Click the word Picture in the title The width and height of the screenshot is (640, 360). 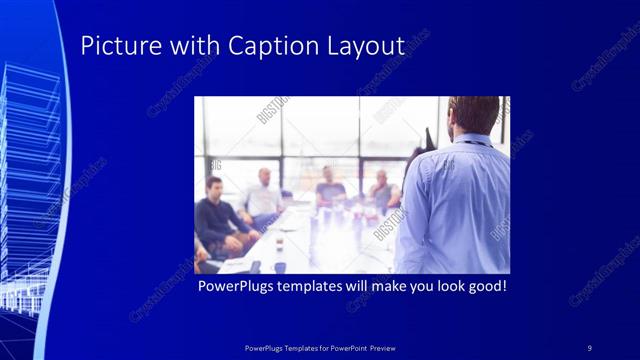point(112,46)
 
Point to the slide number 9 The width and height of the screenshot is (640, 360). point(590,347)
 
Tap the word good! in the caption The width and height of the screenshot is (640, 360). point(485,287)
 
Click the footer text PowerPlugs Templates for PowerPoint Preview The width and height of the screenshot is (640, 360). point(319,347)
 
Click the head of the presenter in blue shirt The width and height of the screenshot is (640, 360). point(474,116)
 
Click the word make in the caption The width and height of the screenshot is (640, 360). point(368,287)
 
